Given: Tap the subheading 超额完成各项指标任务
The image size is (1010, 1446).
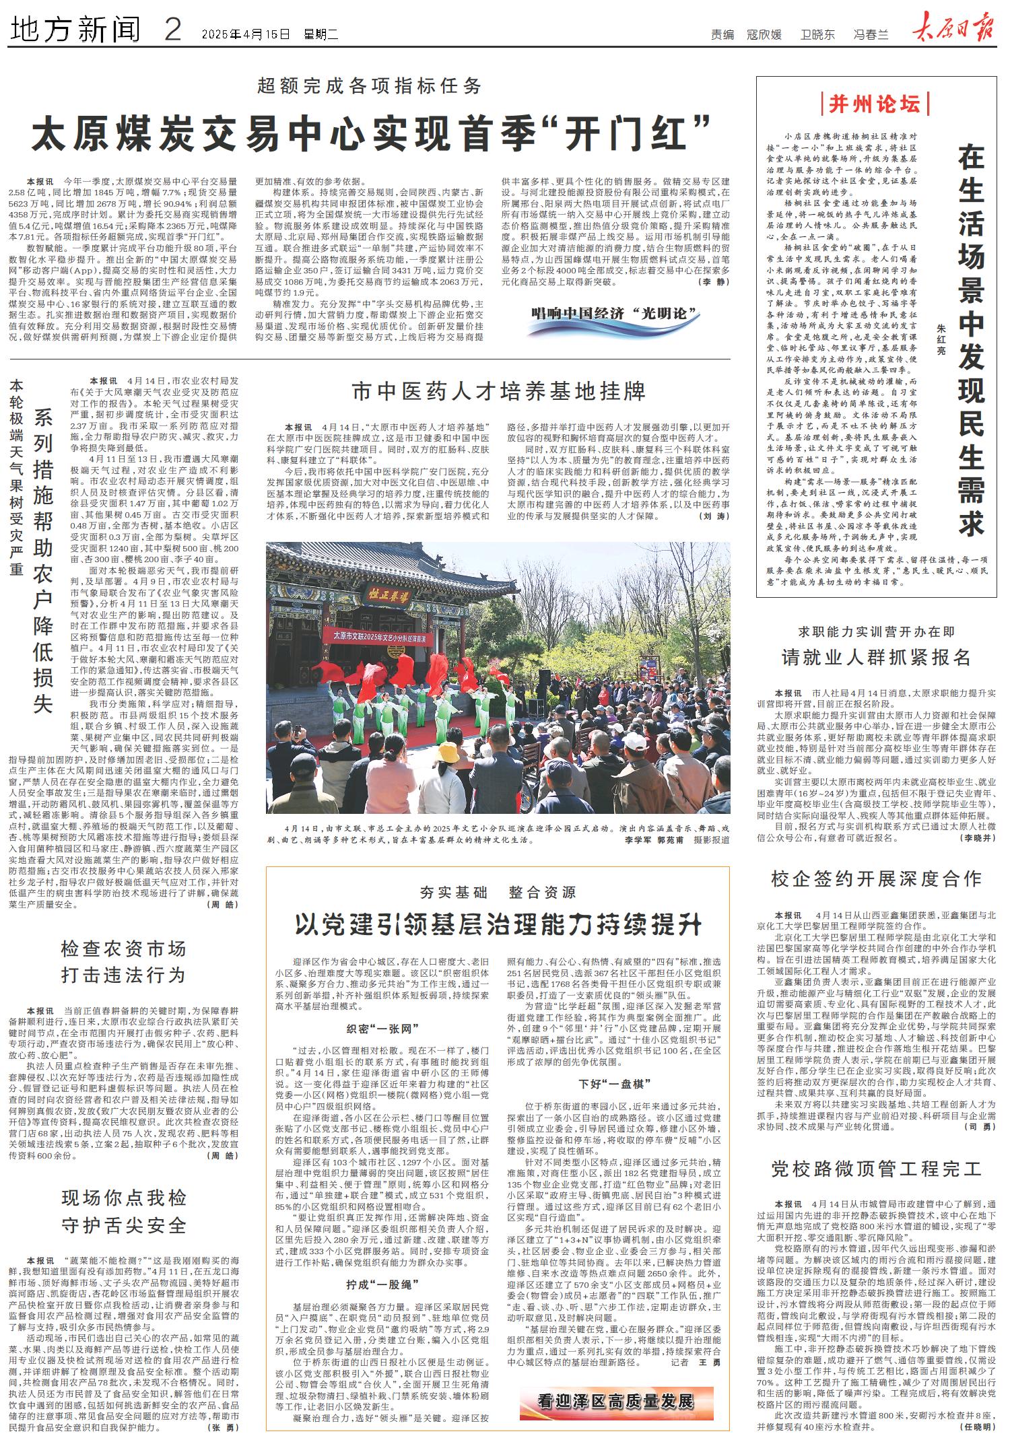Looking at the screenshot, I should (x=370, y=86).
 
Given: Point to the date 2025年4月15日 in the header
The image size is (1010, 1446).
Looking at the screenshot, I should (x=245, y=32).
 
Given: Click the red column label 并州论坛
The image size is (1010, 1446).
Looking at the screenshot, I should (x=874, y=104).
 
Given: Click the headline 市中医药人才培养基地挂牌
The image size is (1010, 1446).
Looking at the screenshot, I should (x=499, y=391).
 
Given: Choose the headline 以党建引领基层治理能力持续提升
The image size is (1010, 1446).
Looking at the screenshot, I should (x=498, y=925).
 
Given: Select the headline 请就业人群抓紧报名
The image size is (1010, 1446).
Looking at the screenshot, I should (x=876, y=657).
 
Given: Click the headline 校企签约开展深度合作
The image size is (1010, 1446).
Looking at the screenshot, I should (x=876, y=879).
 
